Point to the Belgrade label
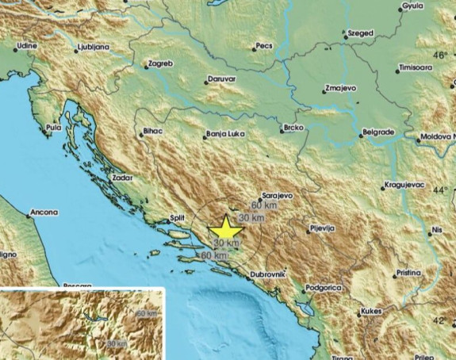tap(377, 130)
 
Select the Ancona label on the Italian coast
tap(44, 213)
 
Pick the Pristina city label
tap(408, 272)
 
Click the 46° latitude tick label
tap(439, 55)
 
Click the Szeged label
tap(361, 34)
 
